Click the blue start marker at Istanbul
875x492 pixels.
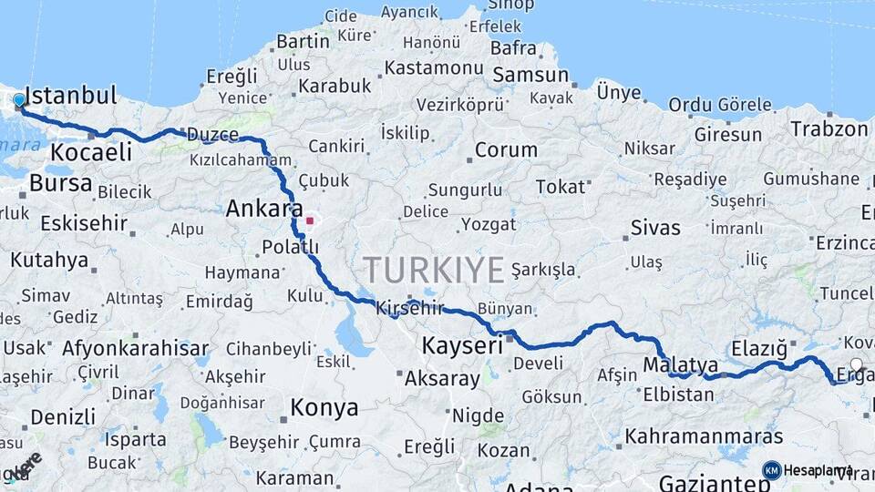(19, 99)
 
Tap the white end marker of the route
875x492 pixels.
(855, 364)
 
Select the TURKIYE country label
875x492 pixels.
(434, 270)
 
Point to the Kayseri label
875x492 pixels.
(462, 345)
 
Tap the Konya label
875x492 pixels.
(324, 407)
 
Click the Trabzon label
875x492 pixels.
(829, 128)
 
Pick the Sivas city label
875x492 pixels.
(655, 226)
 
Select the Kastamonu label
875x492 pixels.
(433, 67)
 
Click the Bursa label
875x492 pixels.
(60, 183)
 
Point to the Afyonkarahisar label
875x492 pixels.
(135, 347)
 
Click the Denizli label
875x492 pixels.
(62, 417)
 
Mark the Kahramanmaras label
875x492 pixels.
(704, 436)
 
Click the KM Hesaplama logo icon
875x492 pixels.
(771, 470)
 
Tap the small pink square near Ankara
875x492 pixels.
(310, 220)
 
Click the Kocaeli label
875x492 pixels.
(91, 151)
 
